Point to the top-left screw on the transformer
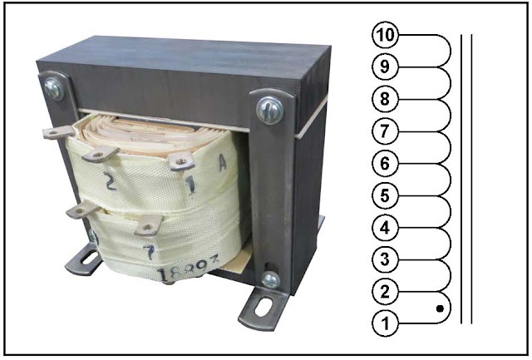pyautogui.click(x=54, y=86)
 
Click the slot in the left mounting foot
pyautogui.click(x=83, y=264)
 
